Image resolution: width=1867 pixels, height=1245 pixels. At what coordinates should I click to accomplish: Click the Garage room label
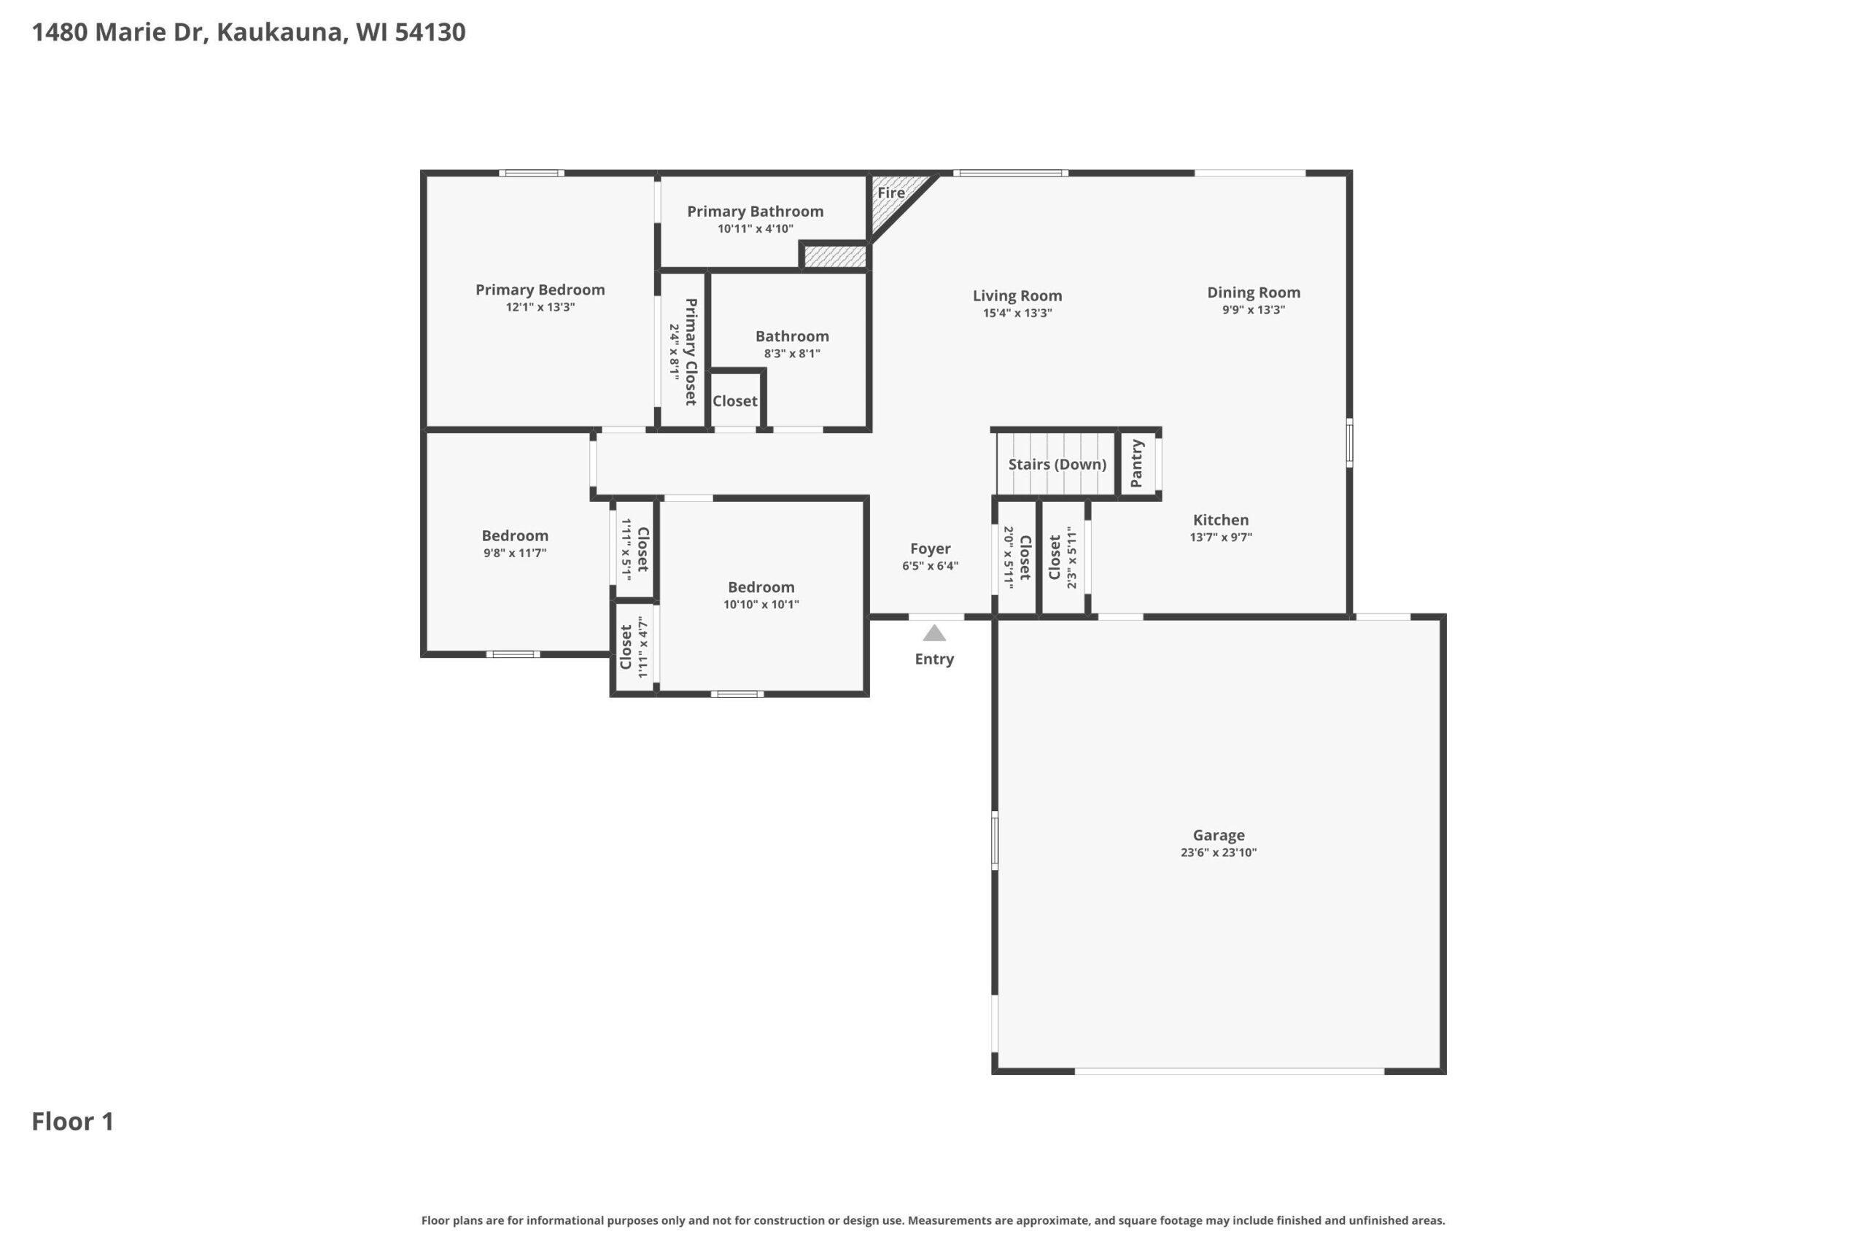click(x=1219, y=835)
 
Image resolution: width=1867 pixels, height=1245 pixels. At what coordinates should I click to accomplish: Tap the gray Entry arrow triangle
click(x=934, y=633)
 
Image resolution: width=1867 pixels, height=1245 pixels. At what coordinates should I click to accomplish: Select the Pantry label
click(x=1136, y=464)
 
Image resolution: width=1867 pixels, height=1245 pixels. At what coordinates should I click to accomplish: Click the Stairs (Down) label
click(x=1057, y=465)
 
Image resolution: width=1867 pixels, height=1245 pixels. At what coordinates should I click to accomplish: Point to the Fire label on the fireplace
click(x=890, y=192)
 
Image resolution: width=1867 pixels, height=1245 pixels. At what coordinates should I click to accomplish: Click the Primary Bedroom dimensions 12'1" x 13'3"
click(x=540, y=307)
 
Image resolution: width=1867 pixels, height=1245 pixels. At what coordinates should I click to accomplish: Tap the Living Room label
click(x=1017, y=295)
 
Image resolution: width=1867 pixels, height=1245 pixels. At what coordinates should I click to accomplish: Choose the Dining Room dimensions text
click(x=1254, y=310)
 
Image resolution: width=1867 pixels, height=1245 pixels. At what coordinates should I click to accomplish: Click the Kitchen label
click(x=1221, y=520)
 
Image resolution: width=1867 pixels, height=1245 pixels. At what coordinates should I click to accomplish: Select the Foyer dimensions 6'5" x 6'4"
click(x=931, y=566)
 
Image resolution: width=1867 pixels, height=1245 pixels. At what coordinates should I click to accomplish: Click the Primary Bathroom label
click(x=755, y=212)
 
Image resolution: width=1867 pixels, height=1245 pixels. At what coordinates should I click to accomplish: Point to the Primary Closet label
click(x=691, y=352)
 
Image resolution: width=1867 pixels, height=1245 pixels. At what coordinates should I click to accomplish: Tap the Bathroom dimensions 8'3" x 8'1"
click(x=792, y=354)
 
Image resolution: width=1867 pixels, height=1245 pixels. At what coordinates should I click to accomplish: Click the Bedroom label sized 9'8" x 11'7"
click(x=515, y=536)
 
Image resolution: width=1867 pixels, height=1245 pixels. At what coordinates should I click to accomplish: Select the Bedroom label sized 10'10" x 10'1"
click(x=761, y=588)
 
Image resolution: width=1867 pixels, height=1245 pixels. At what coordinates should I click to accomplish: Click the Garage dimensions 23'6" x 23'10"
click(x=1219, y=853)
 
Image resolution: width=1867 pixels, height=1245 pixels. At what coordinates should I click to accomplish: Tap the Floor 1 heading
click(x=73, y=1121)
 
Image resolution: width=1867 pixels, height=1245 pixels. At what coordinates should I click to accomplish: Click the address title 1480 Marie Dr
click(x=118, y=32)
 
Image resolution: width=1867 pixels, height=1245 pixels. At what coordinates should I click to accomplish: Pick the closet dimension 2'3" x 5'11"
click(x=1071, y=557)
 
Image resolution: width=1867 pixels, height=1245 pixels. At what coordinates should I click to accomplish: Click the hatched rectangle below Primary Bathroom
click(x=835, y=257)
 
